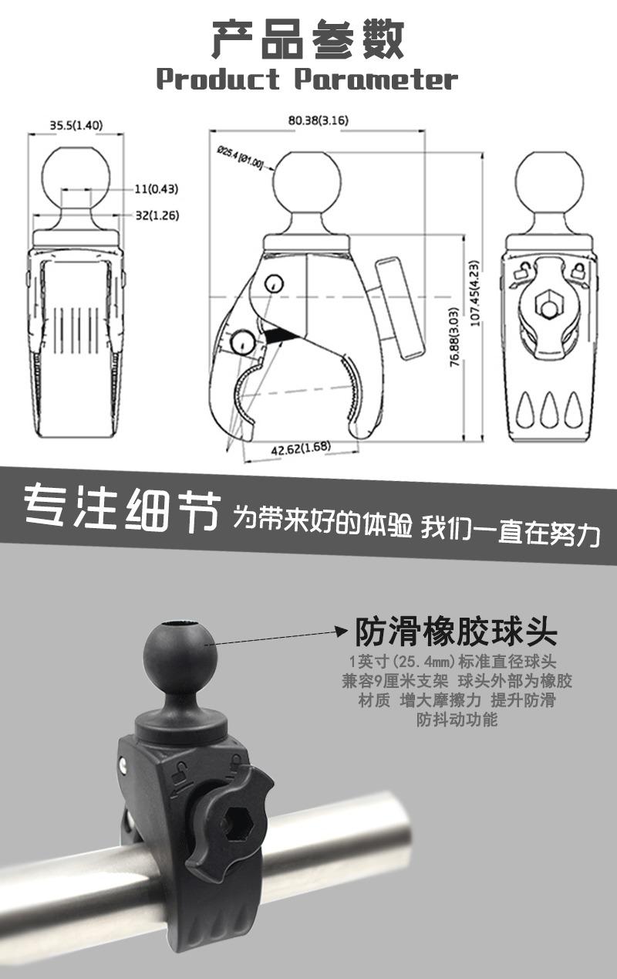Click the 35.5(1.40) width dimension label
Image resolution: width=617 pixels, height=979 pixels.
pos(76,125)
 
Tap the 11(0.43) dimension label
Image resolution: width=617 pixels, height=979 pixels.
pos(157,189)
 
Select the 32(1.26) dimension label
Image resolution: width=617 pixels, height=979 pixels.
pos(157,215)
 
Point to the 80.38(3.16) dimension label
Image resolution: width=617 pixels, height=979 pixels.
pos(319,120)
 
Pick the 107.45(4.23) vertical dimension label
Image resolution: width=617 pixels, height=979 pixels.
pos(474,293)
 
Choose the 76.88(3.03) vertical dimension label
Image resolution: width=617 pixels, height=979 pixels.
pos(454,337)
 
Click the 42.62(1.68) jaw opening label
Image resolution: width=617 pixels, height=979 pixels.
pos(301,448)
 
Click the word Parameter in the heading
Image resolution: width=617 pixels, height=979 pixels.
pos(376,79)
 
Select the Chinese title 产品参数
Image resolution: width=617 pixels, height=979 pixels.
pos(308,40)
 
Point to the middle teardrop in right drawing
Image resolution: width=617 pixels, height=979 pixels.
pos(549,410)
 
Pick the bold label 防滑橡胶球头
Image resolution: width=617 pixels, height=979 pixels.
pos(456,632)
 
